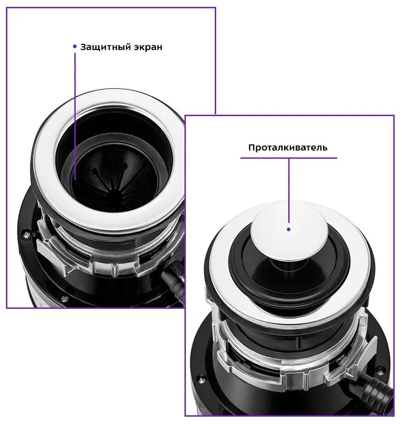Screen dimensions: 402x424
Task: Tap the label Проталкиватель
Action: coord(288,148)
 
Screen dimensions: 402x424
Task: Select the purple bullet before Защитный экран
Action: coord(75,46)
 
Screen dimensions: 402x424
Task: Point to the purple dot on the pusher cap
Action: coord(289,229)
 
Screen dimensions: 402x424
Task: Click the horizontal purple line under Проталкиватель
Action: coord(289,158)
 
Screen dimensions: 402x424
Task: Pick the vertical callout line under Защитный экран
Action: coord(75,116)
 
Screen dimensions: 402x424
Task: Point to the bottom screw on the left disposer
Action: coord(64,299)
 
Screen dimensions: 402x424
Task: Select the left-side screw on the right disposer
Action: coord(201,378)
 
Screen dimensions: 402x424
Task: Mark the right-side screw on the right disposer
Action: coord(381,368)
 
